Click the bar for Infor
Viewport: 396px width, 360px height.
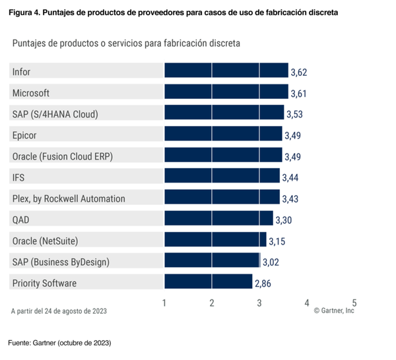click(226, 71)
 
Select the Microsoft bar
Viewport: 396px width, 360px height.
click(226, 92)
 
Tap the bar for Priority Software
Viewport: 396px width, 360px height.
click(208, 283)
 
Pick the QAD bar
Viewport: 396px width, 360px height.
click(218, 219)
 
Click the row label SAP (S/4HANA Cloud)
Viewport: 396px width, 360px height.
click(55, 114)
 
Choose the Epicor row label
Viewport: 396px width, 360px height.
click(24, 135)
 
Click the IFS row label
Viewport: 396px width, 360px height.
click(18, 177)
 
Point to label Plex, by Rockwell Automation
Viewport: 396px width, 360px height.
click(69, 198)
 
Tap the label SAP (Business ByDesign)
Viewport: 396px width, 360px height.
click(61, 262)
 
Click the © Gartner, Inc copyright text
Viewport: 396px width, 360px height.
click(334, 311)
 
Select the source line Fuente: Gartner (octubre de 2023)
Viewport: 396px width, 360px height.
click(59, 343)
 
